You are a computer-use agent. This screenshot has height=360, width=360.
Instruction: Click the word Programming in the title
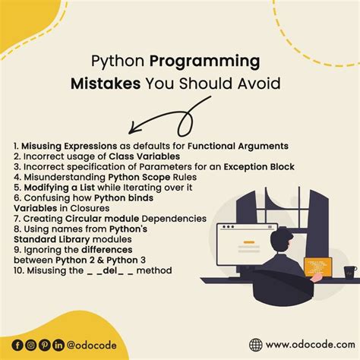coord(214,61)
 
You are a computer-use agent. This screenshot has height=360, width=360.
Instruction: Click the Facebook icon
coord(17,345)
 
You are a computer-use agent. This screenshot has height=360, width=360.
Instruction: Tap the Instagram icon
coord(30,345)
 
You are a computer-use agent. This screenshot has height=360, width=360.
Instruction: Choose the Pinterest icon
coord(44,345)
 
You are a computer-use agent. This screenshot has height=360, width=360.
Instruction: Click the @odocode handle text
coord(91,345)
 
